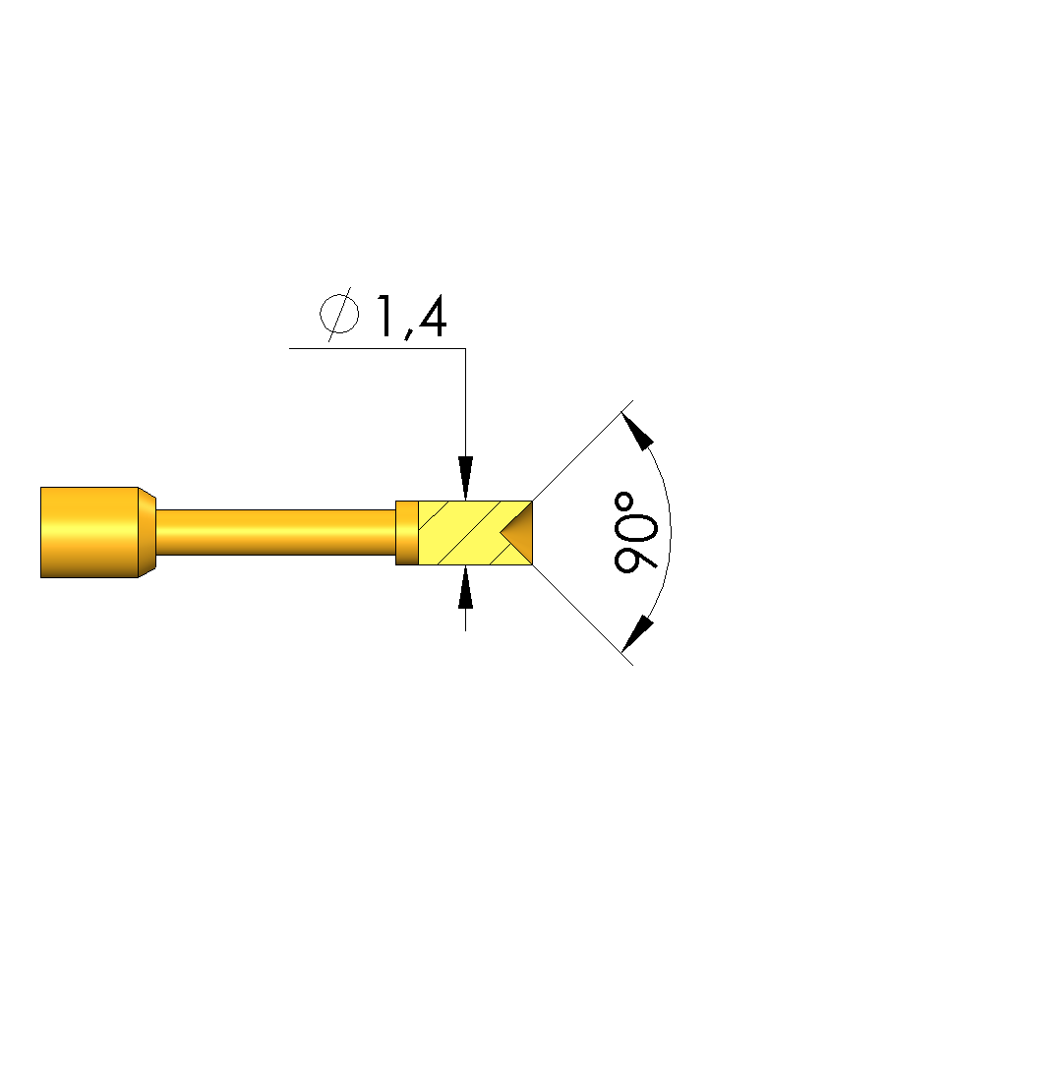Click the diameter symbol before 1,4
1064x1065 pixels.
click(x=339, y=315)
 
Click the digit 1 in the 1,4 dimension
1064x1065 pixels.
click(x=384, y=316)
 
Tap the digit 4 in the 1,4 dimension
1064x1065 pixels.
click(x=432, y=316)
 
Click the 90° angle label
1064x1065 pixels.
click(x=635, y=533)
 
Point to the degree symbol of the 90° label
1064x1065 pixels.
click(x=624, y=503)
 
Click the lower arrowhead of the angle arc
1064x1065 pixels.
click(x=637, y=633)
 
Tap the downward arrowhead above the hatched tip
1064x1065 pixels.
click(x=465, y=478)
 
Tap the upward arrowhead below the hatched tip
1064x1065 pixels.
click(x=465, y=587)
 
